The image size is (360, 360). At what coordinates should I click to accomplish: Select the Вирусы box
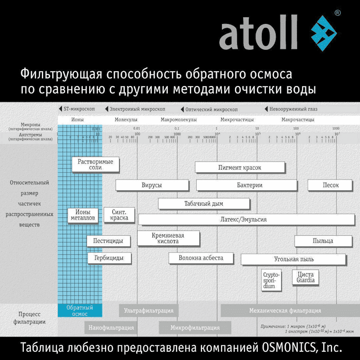(152, 185)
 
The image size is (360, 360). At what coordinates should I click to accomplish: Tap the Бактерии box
(246, 185)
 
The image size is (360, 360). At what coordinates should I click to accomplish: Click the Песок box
(330, 185)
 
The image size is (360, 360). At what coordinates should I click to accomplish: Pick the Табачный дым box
(203, 203)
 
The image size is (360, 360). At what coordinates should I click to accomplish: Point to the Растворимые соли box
(95, 164)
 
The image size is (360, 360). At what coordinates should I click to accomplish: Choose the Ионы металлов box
(82, 215)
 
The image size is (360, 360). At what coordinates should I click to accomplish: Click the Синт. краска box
(119, 215)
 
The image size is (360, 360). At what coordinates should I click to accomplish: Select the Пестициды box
(108, 241)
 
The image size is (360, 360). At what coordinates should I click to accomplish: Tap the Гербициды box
(109, 258)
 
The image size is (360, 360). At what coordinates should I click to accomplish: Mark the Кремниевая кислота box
(168, 238)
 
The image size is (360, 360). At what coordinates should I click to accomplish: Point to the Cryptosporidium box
(271, 280)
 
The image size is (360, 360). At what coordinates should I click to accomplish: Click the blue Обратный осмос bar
(80, 310)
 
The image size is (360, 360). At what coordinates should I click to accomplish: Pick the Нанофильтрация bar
(111, 328)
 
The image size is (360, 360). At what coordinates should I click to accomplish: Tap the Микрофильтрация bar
(194, 328)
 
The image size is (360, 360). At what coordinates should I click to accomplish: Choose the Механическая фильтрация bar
(285, 310)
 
